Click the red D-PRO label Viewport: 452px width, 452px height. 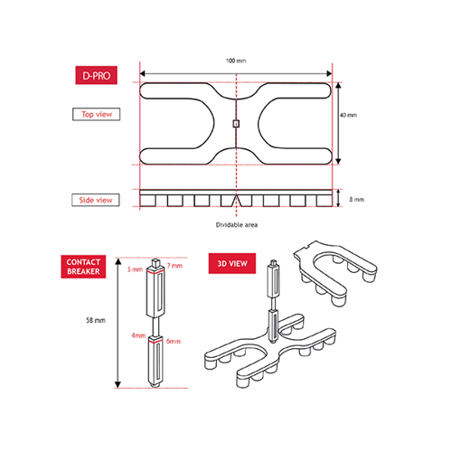pos(96,75)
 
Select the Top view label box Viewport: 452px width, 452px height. pos(97,114)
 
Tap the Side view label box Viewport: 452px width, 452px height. pos(96,200)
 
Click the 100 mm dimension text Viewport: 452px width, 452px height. pos(236,61)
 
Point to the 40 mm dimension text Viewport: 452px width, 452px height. pos(348,115)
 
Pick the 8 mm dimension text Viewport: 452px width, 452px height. pos(356,200)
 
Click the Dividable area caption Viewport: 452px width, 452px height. pos(237,225)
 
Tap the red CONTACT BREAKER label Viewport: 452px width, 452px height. pos(83,267)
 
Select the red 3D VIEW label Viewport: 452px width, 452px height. pos(232,263)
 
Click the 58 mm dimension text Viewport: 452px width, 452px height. pos(96,320)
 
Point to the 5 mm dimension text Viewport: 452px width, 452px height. pos(135,269)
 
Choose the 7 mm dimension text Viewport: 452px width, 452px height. pos(174,266)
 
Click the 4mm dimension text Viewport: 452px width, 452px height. pos(138,335)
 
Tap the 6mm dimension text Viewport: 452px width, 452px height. pos(174,342)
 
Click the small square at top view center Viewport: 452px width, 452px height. pos(236,124)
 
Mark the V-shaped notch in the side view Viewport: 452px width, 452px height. pos(236,201)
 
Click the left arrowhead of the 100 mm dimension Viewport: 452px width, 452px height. pos(143,73)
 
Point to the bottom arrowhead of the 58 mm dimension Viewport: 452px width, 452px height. pos(118,385)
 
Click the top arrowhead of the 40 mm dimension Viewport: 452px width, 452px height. pos(338,85)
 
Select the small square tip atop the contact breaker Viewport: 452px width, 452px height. pos(155,262)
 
